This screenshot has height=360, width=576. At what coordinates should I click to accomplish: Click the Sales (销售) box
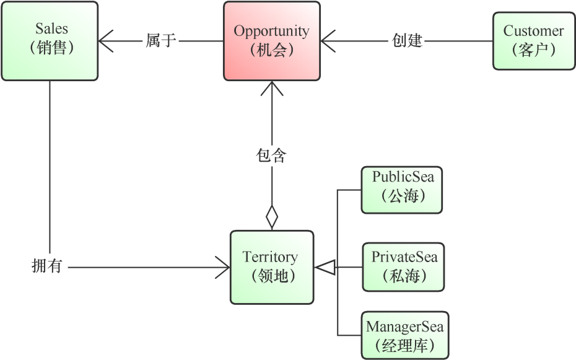(50, 41)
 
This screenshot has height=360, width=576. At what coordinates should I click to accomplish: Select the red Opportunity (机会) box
(271, 41)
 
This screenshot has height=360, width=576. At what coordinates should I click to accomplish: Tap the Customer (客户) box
(533, 41)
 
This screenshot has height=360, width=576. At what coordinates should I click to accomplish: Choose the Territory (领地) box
(271, 267)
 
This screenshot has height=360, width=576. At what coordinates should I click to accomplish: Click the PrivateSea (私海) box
(403, 267)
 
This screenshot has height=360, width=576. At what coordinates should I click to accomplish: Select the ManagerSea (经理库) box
(404, 335)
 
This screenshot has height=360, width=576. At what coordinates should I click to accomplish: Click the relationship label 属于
(161, 42)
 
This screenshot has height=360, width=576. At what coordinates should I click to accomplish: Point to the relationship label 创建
(408, 42)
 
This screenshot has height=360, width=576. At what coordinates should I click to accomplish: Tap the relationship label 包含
(271, 155)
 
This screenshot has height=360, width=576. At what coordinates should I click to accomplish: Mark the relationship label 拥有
(46, 267)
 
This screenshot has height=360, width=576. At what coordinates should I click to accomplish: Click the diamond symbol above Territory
(271, 217)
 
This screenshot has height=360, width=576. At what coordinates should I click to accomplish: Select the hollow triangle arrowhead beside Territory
(325, 267)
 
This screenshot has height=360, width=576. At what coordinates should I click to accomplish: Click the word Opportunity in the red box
(271, 30)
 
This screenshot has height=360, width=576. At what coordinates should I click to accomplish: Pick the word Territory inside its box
(270, 257)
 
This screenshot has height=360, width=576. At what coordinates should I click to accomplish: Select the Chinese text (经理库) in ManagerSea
(404, 345)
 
